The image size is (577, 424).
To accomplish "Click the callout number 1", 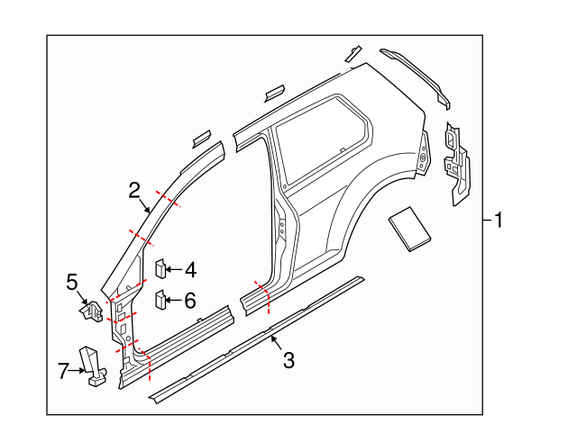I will click(499, 220).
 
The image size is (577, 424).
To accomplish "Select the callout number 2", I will click(134, 190).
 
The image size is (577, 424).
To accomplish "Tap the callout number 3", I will click(288, 361).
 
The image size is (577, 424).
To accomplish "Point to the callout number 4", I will click(190, 269).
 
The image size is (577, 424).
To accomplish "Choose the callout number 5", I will click(73, 283).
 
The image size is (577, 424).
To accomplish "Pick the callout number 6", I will click(190, 301).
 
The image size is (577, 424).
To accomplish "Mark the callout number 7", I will click(63, 370).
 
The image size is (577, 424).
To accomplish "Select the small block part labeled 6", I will click(160, 299).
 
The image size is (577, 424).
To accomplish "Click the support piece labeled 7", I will click(92, 364).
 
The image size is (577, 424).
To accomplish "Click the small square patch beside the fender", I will click(408, 227).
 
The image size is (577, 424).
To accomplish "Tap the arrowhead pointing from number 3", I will click(271, 338).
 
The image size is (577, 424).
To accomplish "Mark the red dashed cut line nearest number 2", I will click(168, 199).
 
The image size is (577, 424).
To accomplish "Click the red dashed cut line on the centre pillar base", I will click(262, 298).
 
